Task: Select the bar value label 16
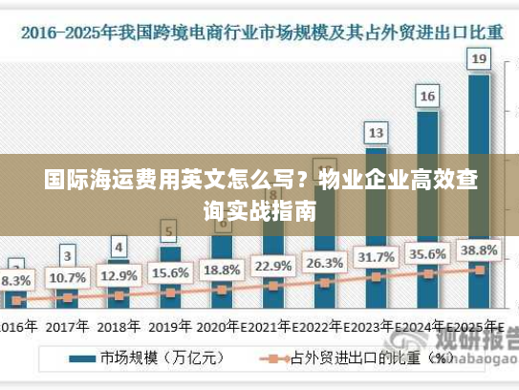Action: pos(427,96)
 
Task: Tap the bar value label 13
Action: pos(376,132)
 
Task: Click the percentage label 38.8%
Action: pos(479,250)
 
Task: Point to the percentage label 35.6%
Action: pos(427,254)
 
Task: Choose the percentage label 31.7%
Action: pos(376,258)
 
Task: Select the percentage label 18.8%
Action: pos(221,270)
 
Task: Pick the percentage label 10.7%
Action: pos(67,278)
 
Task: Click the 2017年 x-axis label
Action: pos(67,325)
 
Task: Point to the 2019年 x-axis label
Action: pos(169,325)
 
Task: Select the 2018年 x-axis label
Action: pos(119,325)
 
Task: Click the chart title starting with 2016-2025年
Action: pos(258,32)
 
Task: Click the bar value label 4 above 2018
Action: pos(119,246)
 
